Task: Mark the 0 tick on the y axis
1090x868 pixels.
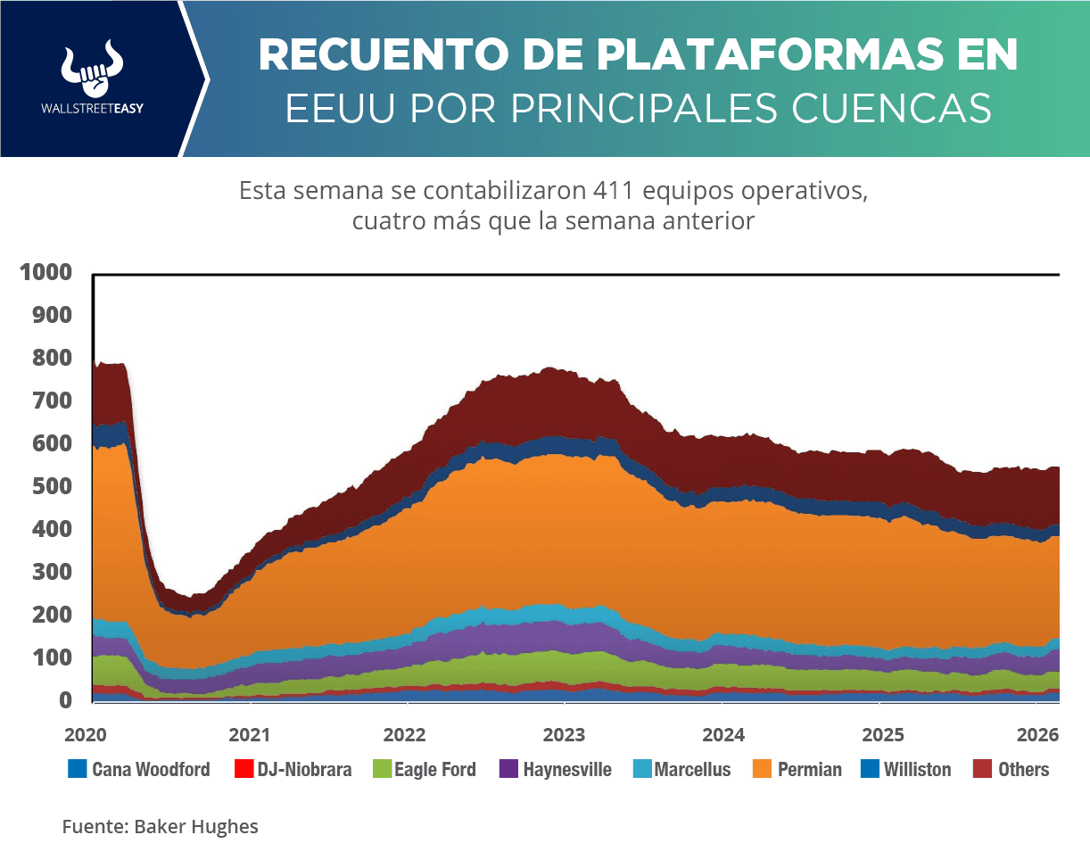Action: [x=66, y=701]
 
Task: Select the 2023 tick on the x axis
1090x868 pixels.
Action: [x=564, y=735]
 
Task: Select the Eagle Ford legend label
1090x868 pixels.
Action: [x=434, y=769]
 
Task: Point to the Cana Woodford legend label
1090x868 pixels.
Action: [x=151, y=769]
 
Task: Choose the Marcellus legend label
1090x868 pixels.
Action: [x=692, y=769]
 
